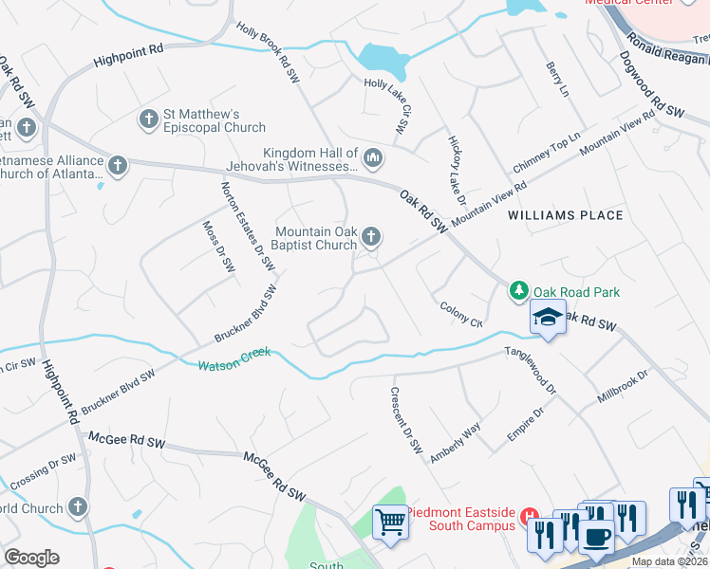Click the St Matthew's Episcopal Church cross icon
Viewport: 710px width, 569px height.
point(147,119)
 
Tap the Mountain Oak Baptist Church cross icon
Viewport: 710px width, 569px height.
point(372,236)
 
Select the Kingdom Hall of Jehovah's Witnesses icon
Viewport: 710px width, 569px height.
point(372,157)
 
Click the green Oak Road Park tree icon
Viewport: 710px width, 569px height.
point(518,289)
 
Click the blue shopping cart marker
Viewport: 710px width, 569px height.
point(389,521)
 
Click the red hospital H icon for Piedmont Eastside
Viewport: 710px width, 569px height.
point(530,512)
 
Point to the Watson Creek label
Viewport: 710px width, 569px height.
point(234,359)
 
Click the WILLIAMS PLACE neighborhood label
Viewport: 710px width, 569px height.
point(565,215)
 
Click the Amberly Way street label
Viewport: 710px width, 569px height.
point(456,442)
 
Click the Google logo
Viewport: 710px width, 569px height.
point(31,558)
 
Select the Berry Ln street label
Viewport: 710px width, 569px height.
point(556,80)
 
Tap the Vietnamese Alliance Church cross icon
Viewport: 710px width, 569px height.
point(118,166)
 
